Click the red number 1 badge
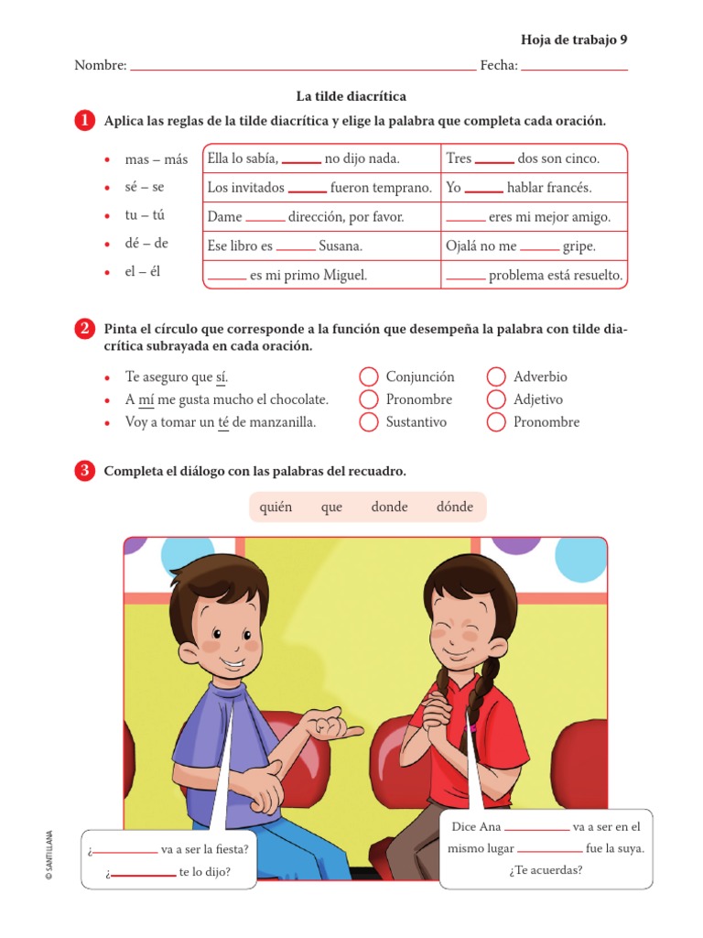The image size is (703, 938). coord(85,122)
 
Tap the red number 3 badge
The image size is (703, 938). coord(85,471)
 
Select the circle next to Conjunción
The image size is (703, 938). coord(368,376)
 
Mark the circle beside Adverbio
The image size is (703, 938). coord(496,376)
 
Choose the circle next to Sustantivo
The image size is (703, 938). coord(368,421)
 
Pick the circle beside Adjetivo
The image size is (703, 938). coord(496,399)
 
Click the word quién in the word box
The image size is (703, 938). coord(276,507)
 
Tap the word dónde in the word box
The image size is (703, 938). coord(455,507)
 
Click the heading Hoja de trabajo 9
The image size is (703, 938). coord(574,39)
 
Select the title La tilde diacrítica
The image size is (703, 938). coord(351,96)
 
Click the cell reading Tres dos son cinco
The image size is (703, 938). coord(534,158)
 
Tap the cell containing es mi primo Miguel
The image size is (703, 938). coord(320,275)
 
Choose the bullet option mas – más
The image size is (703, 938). coord(156,159)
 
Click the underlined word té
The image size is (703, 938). coord(223,422)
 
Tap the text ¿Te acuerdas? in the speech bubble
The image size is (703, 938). coord(546,869)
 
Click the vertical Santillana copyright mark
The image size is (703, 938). coord(49,855)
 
